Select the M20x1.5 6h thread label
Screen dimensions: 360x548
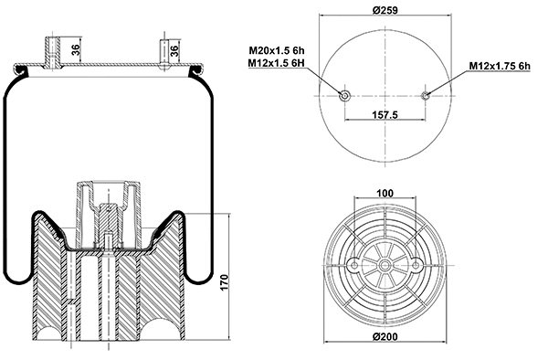282,50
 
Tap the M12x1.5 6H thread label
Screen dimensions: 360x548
282,63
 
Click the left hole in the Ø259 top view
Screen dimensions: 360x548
345,96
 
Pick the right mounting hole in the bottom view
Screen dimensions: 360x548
416,265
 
